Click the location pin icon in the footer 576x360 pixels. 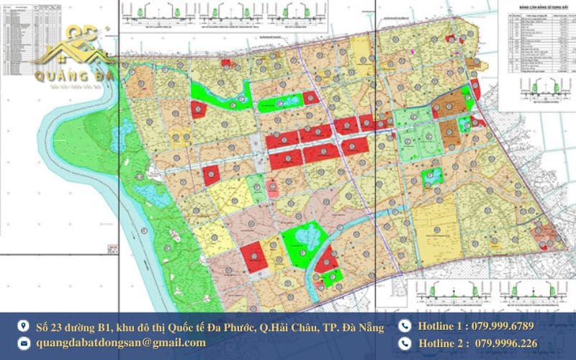tap(23, 326)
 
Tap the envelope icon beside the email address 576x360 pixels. tap(23, 343)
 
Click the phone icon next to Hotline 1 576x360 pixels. tap(404, 326)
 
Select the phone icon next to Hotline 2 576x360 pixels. tap(404, 343)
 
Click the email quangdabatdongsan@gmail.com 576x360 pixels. tap(121, 343)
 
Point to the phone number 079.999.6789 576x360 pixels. tap(500, 326)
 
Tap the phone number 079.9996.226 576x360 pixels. tap(500, 343)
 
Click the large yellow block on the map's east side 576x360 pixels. tap(435, 223)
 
